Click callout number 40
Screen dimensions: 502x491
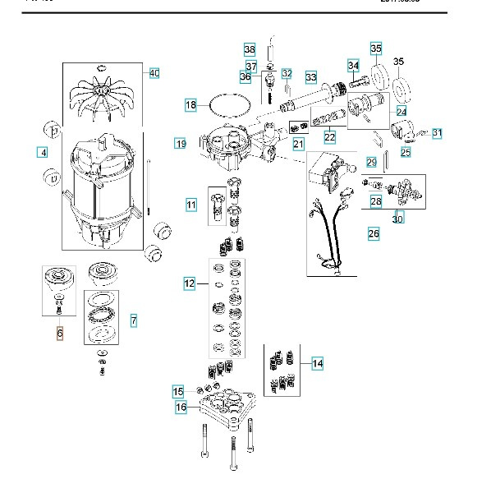pos(154,73)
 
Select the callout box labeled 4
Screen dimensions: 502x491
pos(41,152)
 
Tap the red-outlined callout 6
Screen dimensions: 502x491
pos(59,333)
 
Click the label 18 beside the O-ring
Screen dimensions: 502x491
pos(190,105)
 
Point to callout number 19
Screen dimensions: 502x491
pos(181,144)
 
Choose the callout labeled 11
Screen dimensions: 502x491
pos(191,204)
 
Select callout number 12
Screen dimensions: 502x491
pos(190,283)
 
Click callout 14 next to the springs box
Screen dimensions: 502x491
pos(317,362)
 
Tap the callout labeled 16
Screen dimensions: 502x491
pos(181,406)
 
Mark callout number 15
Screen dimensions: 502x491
pos(178,390)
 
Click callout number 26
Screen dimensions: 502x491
pos(374,234)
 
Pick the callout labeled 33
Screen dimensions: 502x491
pos(311,77)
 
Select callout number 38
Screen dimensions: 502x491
pos(250,48)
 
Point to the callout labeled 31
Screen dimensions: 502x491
pos(437,132)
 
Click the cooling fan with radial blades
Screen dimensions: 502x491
pos(102,97)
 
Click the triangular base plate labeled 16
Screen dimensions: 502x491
pos(223,408)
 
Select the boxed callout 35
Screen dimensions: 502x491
pos(376,48)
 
